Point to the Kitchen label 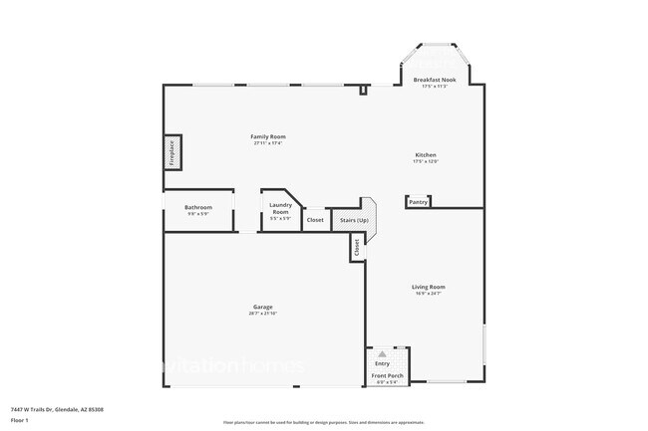tap(426, 155)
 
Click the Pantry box tap(418, 202)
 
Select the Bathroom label tap(198, 207)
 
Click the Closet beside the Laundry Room tap(315, 220)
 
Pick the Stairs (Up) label tap(355, 220)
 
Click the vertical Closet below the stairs tap(355, 247)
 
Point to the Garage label tap(263, 307)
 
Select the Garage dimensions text tap(263, 314)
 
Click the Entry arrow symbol tap(381, 354)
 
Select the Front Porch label tap(388, 375)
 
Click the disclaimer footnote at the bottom tap(324, 422)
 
